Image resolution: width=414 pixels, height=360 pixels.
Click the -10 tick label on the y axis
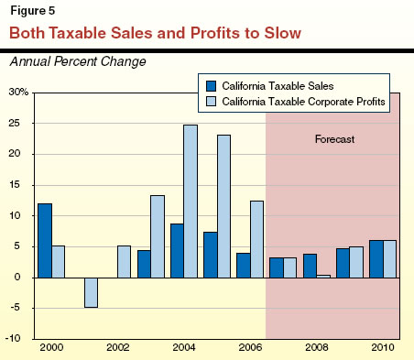(18, 339)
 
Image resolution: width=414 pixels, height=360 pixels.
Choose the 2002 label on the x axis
(117, 350)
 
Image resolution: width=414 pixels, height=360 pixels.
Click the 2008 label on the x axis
(317, 350)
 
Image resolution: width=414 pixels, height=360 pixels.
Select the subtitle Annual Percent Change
(77, 61)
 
